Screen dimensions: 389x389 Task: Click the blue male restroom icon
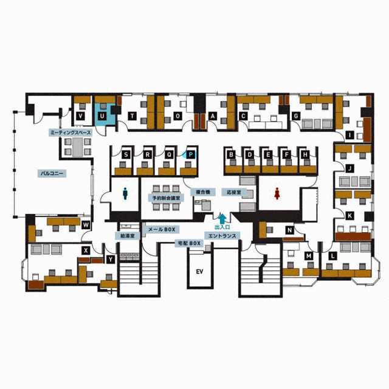(125, 193)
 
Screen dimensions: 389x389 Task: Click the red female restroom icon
(277, 193)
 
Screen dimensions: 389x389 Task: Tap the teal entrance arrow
(222, 219)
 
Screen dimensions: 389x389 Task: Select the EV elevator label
(200, 272)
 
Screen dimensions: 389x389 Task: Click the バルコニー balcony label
(52, 173)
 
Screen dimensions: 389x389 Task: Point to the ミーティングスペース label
(71, 133)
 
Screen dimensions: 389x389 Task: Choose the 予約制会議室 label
(166, 198)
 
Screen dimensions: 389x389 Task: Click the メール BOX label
(162, 230)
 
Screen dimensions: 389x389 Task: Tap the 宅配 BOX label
(188, 243)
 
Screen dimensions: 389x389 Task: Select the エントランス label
(222, 235)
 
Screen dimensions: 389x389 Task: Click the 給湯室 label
(128, 235)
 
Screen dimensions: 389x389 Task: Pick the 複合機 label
(203, 192)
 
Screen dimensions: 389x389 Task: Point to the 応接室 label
(234, 192)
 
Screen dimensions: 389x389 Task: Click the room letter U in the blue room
(102, 116)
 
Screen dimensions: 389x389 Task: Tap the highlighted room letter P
(190, 155)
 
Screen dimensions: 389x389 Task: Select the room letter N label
(289, 230)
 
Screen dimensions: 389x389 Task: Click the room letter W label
(86, 225)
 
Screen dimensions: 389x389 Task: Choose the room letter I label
(350, 135)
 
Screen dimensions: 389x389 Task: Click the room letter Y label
(111, 260)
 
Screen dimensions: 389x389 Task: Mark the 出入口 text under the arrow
(222, 227)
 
